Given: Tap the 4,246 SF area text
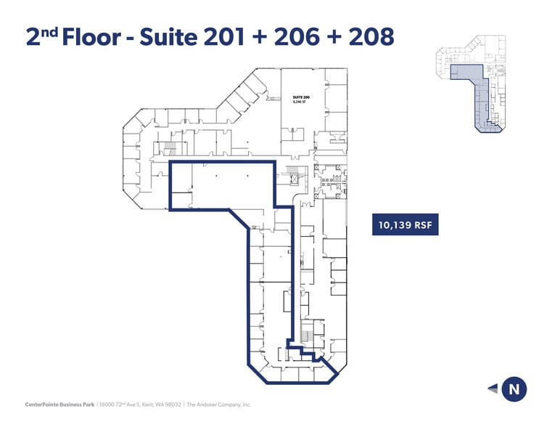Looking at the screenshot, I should [x=301, y=102].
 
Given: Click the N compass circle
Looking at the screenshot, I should [x=514, y=389].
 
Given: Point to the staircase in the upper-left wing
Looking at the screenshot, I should [x=170, y=148].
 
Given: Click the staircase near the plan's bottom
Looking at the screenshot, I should [x=308, y=333].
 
